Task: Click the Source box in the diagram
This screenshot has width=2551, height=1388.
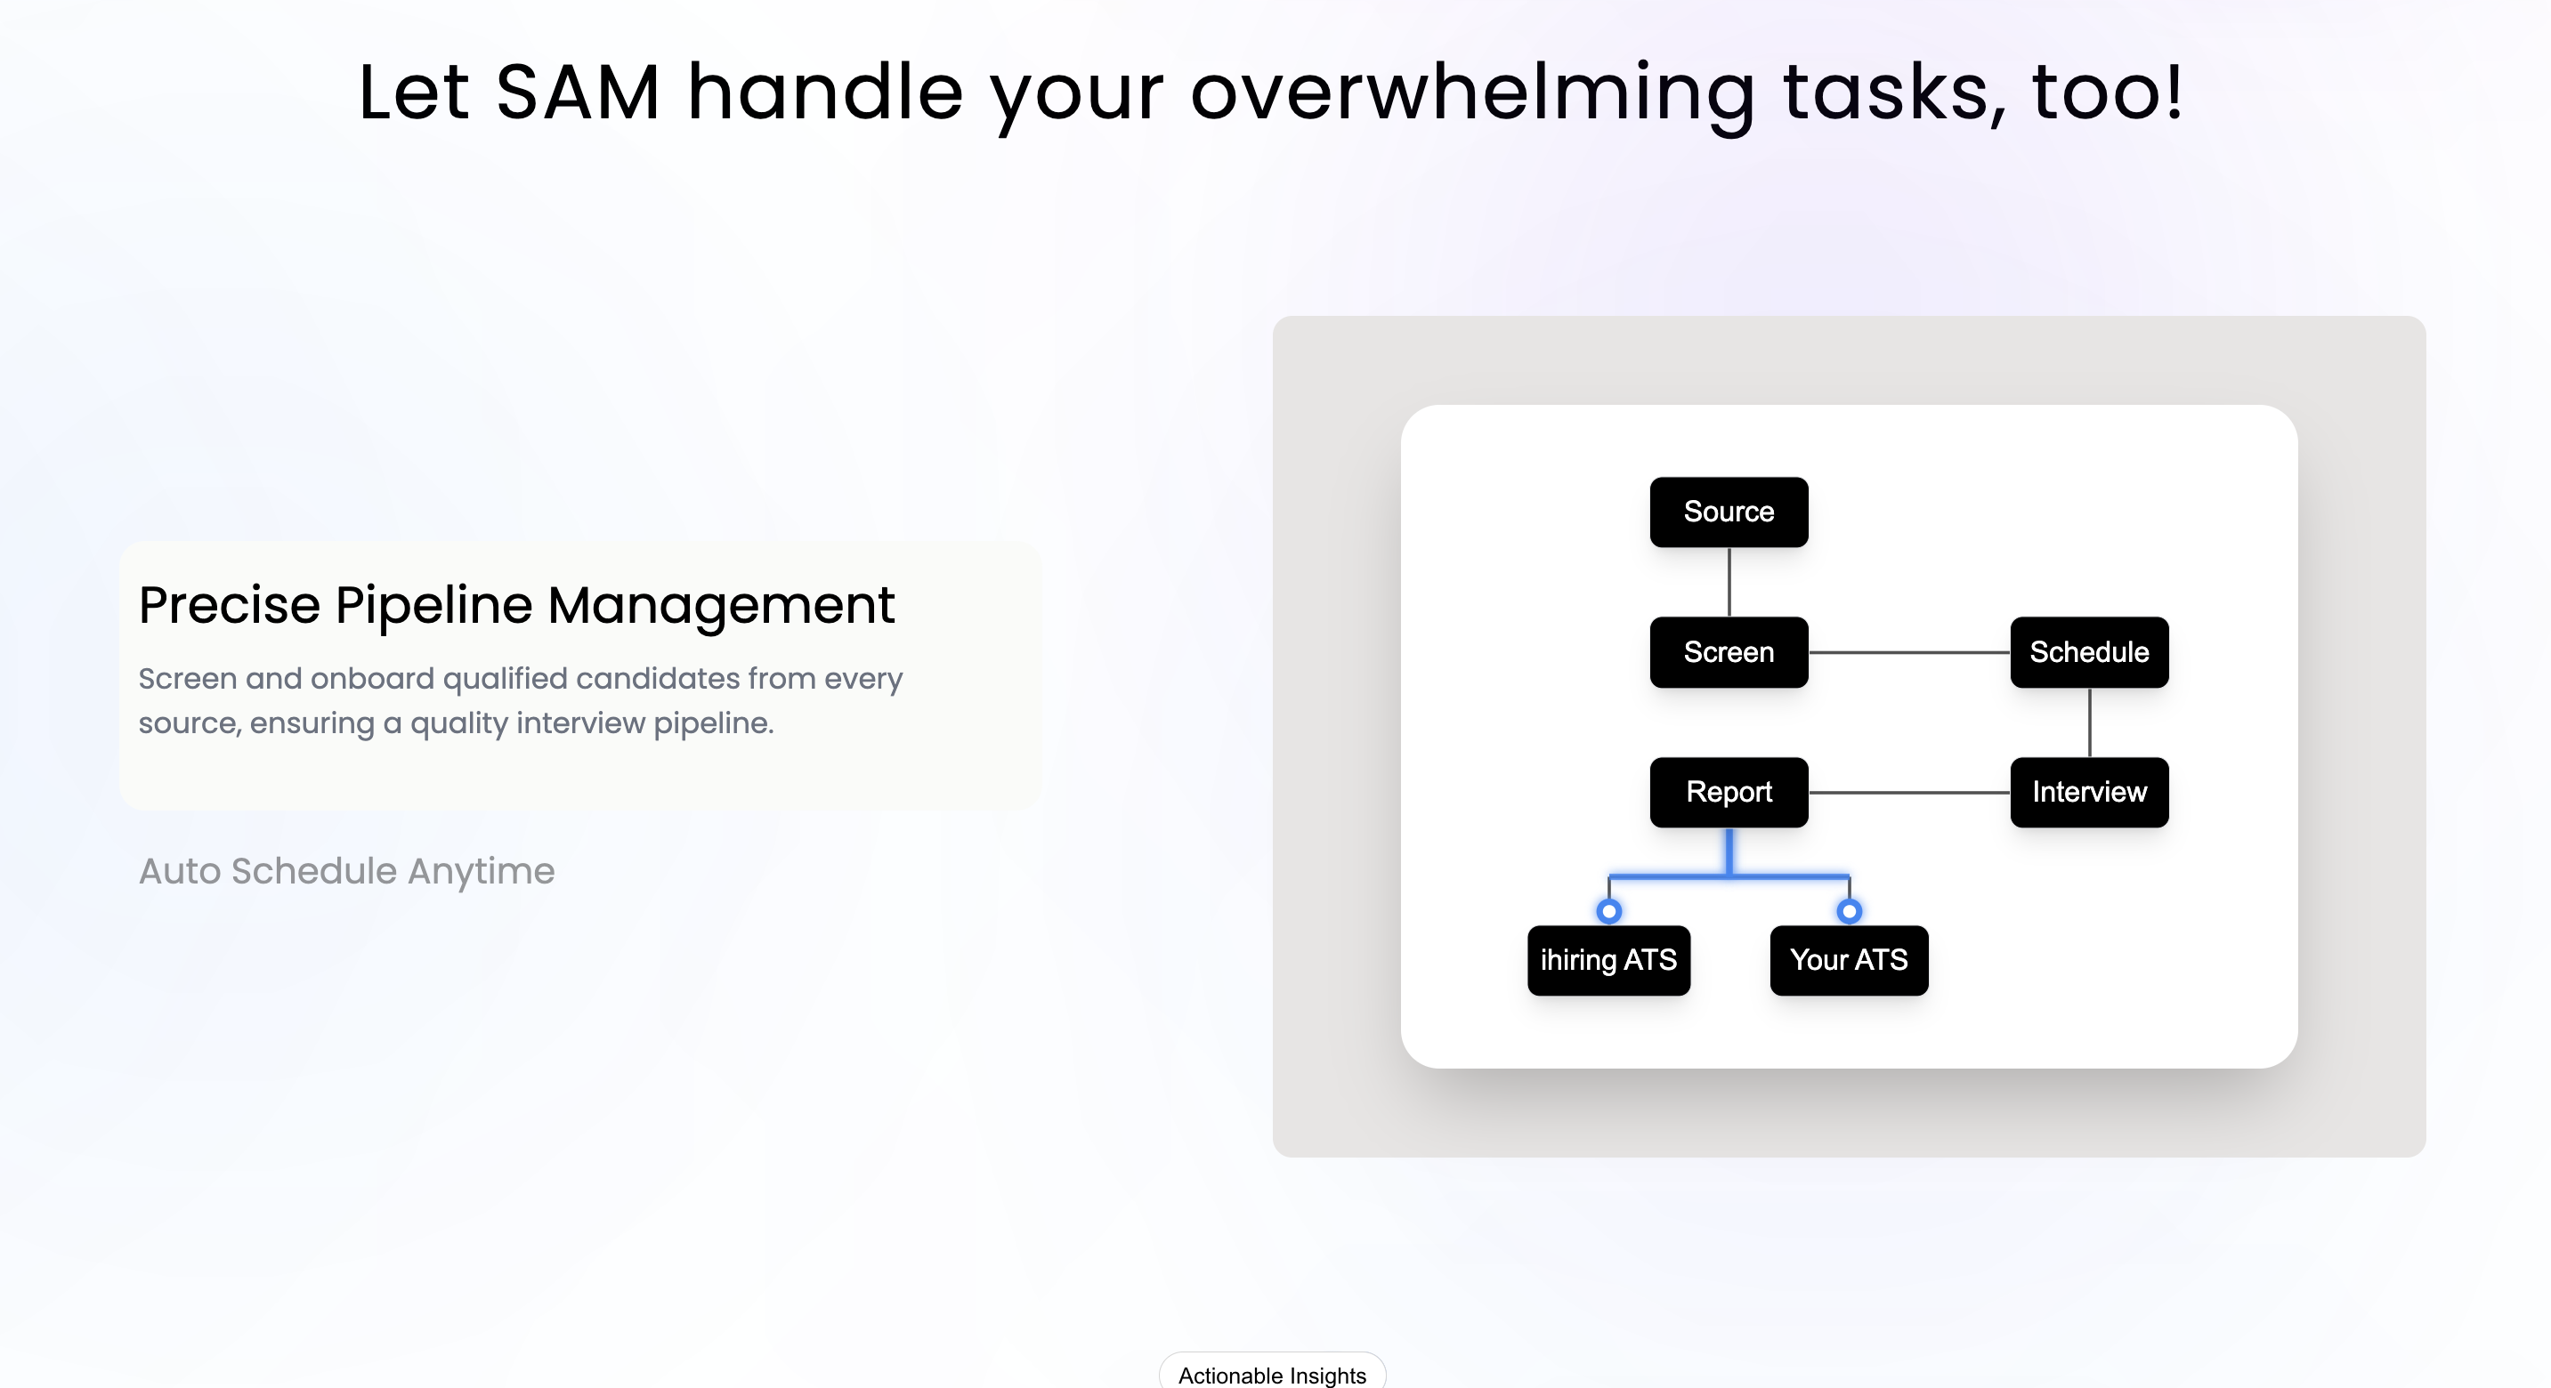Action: tap(1728, 512)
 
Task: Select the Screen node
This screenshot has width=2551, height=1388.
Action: tap(1728, 652)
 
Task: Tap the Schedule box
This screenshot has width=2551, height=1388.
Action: tap(2088, 652)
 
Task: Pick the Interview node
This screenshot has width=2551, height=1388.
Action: tap(2088, 792)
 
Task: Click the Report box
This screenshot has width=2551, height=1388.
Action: tap(1728, 792)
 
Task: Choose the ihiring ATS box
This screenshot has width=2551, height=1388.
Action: tap(1608, 960)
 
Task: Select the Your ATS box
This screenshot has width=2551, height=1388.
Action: tap(1848, 960)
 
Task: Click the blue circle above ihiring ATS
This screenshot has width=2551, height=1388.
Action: tap(1609, 911)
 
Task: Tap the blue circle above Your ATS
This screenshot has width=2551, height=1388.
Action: tap(1849, 911)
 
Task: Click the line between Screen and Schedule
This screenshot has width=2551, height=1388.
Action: tap(1908, 652)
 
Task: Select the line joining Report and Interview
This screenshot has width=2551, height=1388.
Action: tap(1908, 792)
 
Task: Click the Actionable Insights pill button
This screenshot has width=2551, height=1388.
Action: tap(1272, 1374)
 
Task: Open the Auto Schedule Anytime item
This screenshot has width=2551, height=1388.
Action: tap(346, 871)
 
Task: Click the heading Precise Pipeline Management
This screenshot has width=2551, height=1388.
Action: tap(516, 605)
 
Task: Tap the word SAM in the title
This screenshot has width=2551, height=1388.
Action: tap(578, 93)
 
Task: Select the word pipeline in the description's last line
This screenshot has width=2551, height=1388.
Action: tap(712, 723)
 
